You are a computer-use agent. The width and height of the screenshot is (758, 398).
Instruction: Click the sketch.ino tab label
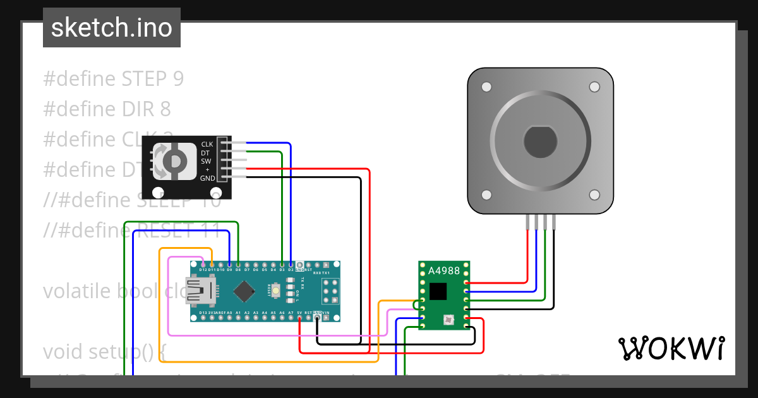[x=112, y=28]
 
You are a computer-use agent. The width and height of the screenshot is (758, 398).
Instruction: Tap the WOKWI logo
[x=671, y=348]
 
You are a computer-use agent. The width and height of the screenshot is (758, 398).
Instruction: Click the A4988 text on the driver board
[x=444, y=271]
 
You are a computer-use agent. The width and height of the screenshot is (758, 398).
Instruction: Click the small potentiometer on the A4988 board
[x=449, y=320]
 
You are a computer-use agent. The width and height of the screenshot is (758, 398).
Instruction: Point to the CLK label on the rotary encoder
[x=207, y=144]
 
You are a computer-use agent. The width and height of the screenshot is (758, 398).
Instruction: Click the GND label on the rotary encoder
[x=207, y=178]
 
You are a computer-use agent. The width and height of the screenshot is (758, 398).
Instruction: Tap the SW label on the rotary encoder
[x=206, y=161]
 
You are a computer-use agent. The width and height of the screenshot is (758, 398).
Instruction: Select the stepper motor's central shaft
[x=540, y=142]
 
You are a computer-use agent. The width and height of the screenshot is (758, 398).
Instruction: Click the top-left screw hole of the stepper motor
[x=486, y=87]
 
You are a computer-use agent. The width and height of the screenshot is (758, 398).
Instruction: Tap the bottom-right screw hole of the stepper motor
[x=594, y=195]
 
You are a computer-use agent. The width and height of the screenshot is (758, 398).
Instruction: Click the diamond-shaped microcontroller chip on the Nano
[x=244, y=291]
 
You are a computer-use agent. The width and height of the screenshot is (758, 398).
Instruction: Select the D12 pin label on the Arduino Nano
[x=203, y=270]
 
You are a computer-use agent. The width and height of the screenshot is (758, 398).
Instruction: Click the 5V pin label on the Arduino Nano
[x=299, y=313]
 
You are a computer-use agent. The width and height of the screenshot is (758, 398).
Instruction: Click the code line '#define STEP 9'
[x=114, y=79]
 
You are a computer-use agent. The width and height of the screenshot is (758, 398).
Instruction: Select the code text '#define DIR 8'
[x=107, y=109]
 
